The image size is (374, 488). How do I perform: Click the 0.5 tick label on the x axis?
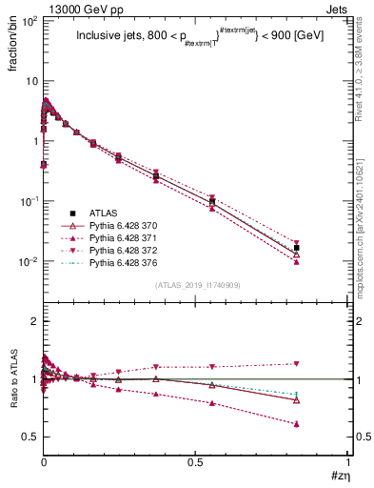click(196, 463)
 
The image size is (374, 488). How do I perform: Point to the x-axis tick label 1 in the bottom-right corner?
click(348, 463)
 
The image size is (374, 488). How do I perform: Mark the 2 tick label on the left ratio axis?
click(32, 321)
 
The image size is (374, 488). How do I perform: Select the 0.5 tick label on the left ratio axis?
click(28, 437)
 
